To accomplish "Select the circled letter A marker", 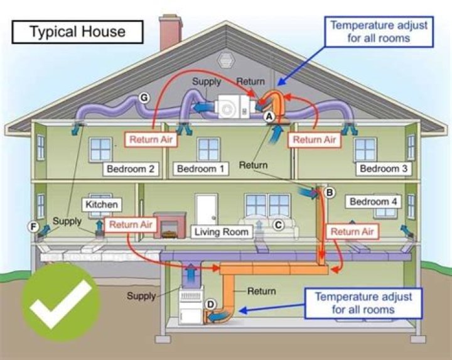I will point(269,116).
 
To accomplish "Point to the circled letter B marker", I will point(330,192).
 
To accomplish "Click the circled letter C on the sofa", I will point(277,223).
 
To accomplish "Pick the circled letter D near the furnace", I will point(211,305).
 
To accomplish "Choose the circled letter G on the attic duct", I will point(144,97).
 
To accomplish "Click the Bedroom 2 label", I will point(130,168).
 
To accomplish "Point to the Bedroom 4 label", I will point(373,202).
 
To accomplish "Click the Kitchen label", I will point(102,205).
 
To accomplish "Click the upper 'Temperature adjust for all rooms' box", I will point(379,31).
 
